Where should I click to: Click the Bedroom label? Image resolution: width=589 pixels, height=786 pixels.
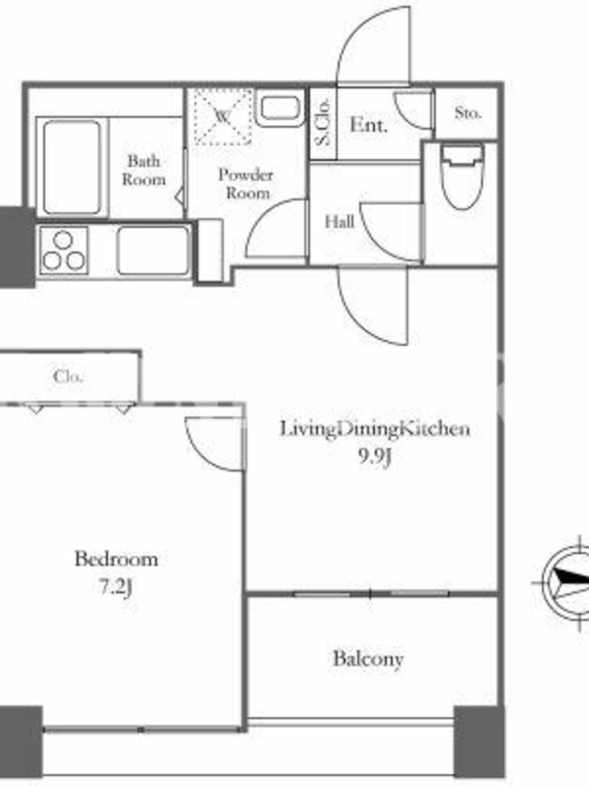pyautogui.click(x=116, y=558)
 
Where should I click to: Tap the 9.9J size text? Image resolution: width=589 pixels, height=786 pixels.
pyautogui.click(x=374, y=456)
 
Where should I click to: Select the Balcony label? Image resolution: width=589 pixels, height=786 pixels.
pyautogui.click(x=368, y=658)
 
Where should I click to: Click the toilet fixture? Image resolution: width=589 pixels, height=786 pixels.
pyautogui.click(x=461, y=176)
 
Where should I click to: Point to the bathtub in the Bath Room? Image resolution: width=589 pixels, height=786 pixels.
pyautogui.click(x=72, y=167)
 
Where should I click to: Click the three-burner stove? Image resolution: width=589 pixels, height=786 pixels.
pyautogui.click(x=64, y=251)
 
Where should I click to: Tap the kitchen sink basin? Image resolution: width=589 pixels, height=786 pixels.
pyautogui.click(x=153, y=251)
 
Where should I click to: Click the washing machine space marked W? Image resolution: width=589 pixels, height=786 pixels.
pyautogui.click(x=223, y=117)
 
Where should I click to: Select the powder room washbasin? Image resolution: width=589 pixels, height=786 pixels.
pyautogui.click(x=280, y=108)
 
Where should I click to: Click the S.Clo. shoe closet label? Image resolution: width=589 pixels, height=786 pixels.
pyautogui.click(x=323, y=121)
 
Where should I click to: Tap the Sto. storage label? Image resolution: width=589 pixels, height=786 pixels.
pyautogui.click(x=468, y=113)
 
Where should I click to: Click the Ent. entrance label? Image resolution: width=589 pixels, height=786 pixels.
pyautogui.click(x=369, y=125)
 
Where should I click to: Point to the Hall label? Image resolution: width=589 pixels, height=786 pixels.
pyautogui.click(x=340, y=221)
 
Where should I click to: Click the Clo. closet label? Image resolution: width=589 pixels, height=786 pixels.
pyautogui.click(x=68, y=376)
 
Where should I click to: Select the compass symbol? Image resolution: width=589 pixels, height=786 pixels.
pyautogui.click(x=566, y=583)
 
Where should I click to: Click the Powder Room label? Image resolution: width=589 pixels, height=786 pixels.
pyautogui.click(x=246, y=184)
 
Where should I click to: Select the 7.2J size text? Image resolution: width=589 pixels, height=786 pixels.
pyautogui.click(x=116, y=587)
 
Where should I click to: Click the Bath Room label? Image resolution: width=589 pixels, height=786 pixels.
pyautogui.click(x=143, y=170)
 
